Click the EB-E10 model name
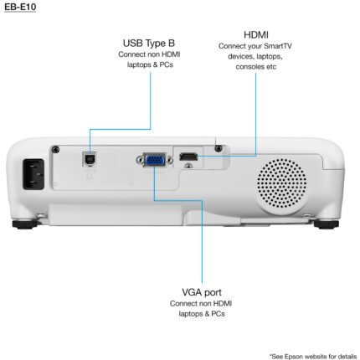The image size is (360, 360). coord(20,7)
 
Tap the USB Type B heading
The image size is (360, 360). coord(149,44)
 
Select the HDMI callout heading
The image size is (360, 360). coord(256,35)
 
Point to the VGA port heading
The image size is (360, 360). coord(202,292)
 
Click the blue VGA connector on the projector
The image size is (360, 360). coord(155,160)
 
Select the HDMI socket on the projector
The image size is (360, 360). coord(188,157)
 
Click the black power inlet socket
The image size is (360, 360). coord(33,174)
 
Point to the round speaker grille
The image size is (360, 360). coord(281,183)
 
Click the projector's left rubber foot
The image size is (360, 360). coord(25,224)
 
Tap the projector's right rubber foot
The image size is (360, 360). coord(327,224)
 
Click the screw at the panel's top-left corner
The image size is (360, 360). coord(56,149)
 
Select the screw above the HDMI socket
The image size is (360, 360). coord(219,148)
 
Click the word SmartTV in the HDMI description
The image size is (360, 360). coord(278,46)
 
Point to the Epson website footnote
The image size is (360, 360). coord(313,357)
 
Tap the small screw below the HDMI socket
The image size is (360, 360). coord(189,166)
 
